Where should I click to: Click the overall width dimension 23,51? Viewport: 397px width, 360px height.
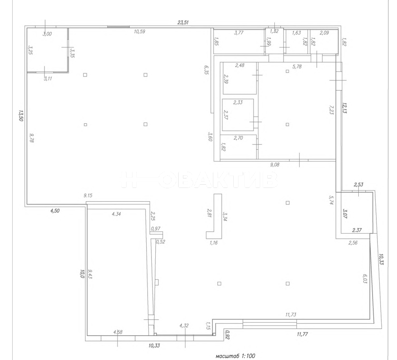[183, 22]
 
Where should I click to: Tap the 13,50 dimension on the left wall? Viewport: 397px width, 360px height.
[21, 115]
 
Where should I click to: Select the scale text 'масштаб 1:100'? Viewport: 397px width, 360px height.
[235, 356]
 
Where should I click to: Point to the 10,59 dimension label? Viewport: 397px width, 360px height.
[140, 32]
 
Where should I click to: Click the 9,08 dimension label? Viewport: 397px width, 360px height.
[275, 165]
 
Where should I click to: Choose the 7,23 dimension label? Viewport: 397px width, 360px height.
[331, 110]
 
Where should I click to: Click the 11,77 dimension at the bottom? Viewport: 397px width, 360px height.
[302, 334]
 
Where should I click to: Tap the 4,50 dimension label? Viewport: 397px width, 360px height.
[55, 211]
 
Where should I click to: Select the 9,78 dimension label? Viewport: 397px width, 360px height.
[32, 138]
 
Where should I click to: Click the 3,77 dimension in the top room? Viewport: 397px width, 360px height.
[239, 33]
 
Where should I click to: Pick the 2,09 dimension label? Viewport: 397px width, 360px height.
[324, 33]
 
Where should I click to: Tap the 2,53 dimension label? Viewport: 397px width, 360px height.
[358, 184]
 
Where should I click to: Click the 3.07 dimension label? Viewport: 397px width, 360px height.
[345, 213]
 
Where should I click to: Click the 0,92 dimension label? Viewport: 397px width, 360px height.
[227, 334]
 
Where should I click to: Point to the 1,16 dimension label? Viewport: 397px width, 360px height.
[213, 243]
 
